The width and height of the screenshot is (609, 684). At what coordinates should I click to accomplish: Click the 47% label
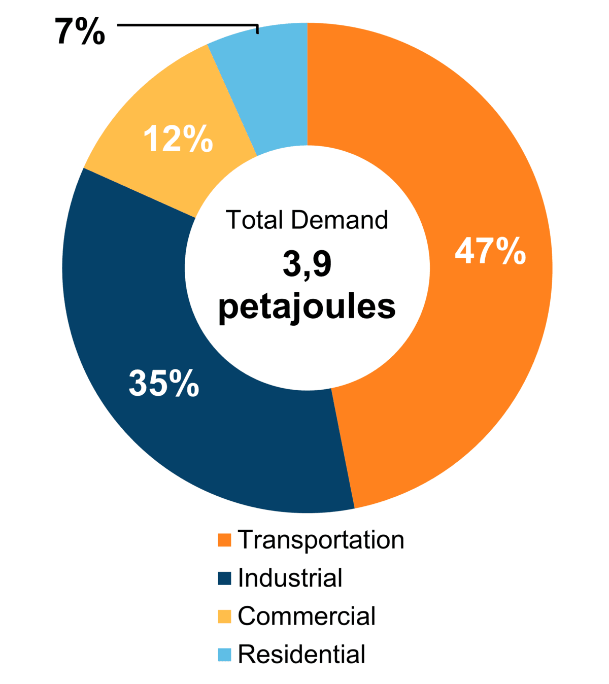pos(490,250)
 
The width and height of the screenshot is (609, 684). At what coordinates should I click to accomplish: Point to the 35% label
pos(164,383)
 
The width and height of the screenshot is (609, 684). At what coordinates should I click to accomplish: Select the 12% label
pos(178,139)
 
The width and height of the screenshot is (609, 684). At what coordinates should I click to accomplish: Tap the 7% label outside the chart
pos(80,31)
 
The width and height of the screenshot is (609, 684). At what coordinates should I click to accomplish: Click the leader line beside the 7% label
pos(188,24)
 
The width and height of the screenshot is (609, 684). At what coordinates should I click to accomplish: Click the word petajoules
pos(307,307)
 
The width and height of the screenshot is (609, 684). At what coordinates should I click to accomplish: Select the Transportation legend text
pos(321,539)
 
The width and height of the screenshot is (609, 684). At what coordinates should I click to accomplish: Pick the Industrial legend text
pos(290,578)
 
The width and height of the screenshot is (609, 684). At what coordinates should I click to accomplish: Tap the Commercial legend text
pos(306,616)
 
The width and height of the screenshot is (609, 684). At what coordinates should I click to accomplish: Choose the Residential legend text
pos(301,654)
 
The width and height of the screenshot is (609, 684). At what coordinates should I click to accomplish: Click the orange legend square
pos(224,540)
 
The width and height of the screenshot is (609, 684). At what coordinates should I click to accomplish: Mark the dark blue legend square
pos(224,578)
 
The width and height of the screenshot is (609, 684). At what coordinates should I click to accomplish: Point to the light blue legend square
pos(224,654)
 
